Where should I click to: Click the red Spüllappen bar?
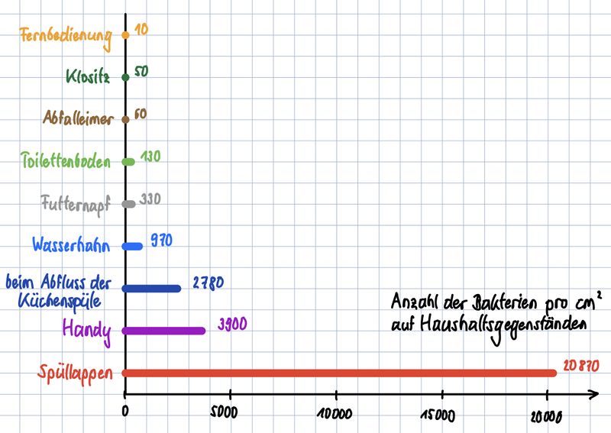pos(340,373)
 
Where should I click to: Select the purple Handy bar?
pos(164,331)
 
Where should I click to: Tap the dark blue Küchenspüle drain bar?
pos(153,289)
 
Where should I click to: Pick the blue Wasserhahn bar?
pos(133,246)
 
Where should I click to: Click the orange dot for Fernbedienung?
pos(125,34)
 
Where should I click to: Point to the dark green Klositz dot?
pos(125,76)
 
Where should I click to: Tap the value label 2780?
pos(207,282)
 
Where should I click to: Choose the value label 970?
pos(162,240)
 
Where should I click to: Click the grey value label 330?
pos(150,199)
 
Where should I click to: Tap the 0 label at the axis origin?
pos(125,411)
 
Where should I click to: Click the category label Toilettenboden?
pos(66,162)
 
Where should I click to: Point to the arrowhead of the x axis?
pos(593,395)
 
